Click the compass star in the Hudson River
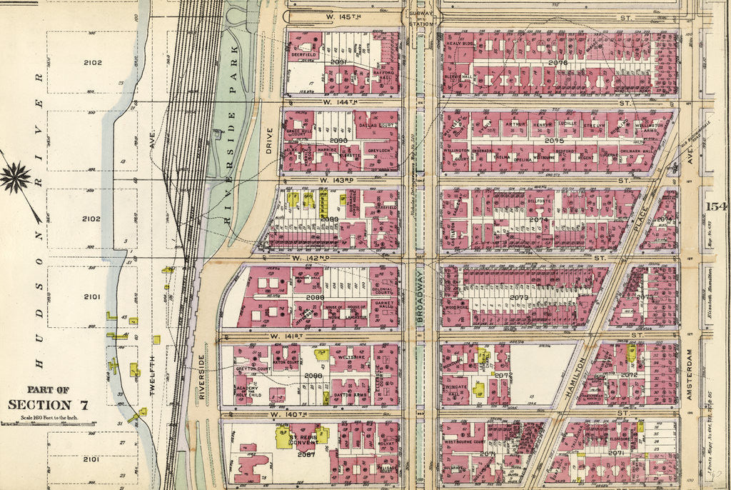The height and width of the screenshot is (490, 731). [16, 178]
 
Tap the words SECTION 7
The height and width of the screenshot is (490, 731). [49, 405]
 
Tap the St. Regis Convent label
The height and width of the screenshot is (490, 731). [302, 437]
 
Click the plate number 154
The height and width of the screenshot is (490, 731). [715, 206]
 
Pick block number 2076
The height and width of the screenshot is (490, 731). [558, 63]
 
